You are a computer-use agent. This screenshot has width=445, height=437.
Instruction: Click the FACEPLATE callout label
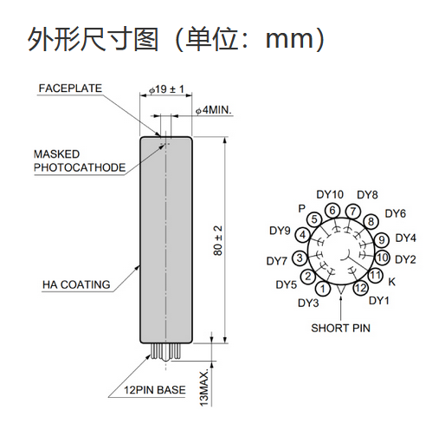coord(70,88)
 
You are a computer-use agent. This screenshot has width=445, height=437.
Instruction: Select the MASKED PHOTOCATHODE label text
coord(80,161)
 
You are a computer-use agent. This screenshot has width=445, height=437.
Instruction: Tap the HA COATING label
coord(76,284)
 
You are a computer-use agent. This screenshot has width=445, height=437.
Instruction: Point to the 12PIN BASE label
coord(155,390)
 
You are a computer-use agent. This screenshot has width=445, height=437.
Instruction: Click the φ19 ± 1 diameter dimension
coord(166,89)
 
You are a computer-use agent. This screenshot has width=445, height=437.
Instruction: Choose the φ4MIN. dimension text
coord(214,110)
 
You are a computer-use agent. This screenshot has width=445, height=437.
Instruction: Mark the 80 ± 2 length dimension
coord(218,240)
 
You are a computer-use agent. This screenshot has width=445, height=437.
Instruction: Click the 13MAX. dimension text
coord(204,388)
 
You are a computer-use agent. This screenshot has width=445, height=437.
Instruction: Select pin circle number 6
coord(332,211)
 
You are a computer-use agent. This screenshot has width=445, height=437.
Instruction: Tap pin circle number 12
coord(360,288)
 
